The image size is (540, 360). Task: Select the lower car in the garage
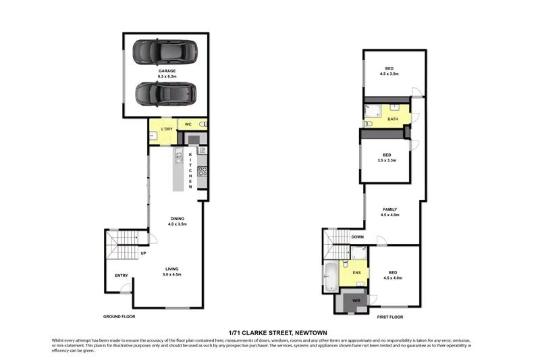(x=166, y=94)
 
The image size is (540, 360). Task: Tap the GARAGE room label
(x=167, y=71)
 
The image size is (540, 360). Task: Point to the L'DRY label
(x=167, y=128)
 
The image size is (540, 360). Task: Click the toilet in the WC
(x=202, y=125)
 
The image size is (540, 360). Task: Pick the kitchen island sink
(x=180, y=159)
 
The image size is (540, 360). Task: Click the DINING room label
(x=178, y=218)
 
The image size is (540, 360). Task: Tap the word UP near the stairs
(x=143, y=254)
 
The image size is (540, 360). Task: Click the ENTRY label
(x=122, y=275)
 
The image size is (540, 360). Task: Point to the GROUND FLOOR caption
(x=119, y=316)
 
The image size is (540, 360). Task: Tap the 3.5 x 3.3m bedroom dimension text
(x=387, y=160)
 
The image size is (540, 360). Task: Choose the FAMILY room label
(x=390, y=209)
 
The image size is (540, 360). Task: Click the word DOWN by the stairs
(x=358, y=237)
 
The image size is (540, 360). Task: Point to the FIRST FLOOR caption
(x=389, y=316)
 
